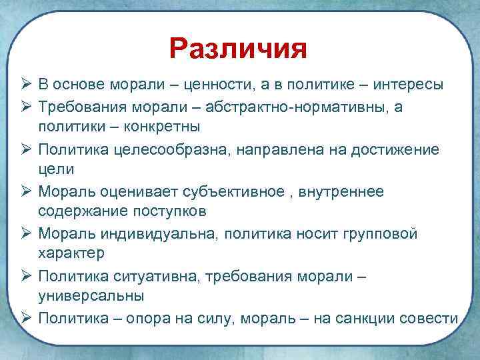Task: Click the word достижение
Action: tap(399, 149)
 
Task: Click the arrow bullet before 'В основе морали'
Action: tap(25, 85)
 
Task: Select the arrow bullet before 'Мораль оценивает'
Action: tap(25, 191)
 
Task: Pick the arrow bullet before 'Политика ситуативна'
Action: tap(25, 276)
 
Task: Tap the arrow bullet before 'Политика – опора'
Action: tap(25, 319)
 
